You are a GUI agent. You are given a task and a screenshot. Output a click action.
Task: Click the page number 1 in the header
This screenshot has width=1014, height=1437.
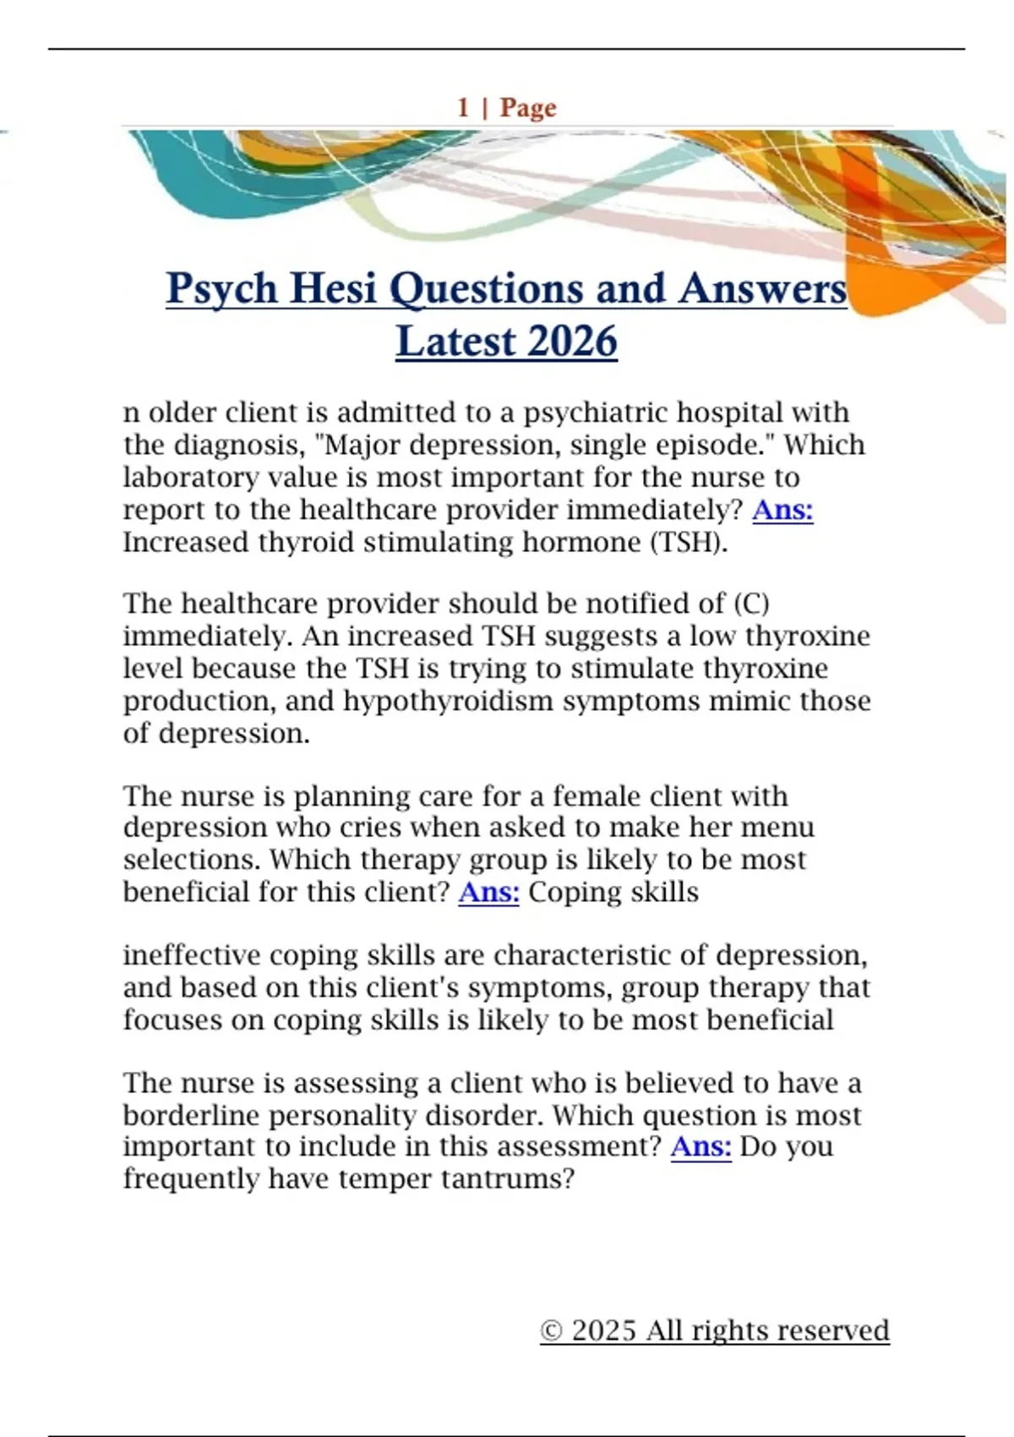[x=463, y=107]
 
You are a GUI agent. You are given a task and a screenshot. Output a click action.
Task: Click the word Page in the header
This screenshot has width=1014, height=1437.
[x=528, y=108]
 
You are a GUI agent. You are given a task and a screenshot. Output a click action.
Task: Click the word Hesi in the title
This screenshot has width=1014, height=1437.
[x=334, y=288]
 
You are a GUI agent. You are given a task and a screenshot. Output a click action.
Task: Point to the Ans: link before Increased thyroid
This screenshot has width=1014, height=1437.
[x=782, y=510]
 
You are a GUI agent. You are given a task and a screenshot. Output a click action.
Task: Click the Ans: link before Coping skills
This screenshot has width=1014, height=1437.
[x=488, y=892]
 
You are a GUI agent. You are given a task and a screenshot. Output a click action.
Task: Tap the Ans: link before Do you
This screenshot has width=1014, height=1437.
[x=701, y=1146]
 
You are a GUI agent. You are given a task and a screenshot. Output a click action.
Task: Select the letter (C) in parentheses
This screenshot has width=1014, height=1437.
[x=751, y=604]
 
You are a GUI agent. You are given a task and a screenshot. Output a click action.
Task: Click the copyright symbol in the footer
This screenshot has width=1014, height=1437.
[x=551, y=1331]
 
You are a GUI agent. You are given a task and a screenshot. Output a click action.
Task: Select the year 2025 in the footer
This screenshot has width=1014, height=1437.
[x=603, y=1330]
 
